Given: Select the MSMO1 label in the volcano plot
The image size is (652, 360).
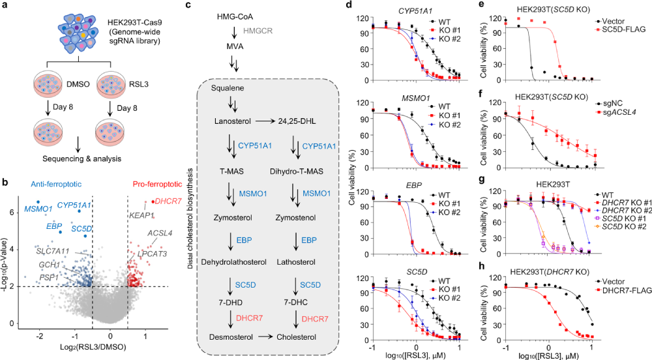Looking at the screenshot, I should pos(38,209).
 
